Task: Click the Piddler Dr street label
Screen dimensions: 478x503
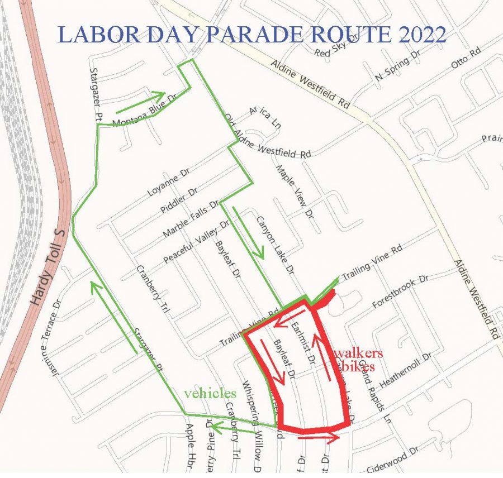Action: click(179, 200)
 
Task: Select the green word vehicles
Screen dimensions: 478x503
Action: click(210, 393)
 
